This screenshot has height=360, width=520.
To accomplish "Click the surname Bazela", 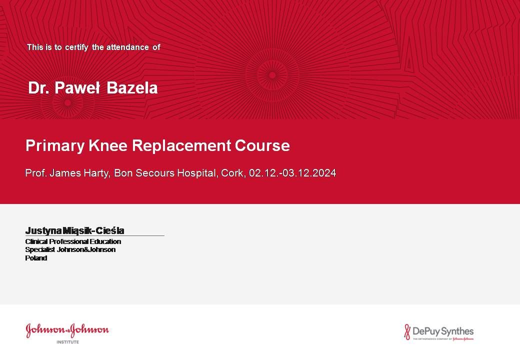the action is tap(132, 88).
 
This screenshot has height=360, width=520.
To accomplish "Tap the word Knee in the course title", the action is tap(108, 145).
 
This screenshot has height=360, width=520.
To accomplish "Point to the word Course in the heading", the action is tap(262, 145).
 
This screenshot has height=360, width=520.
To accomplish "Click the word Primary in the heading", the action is tap(55, 146).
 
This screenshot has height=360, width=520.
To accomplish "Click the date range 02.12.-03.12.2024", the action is tap(292, 173).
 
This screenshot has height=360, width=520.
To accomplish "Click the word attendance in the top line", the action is tap(127, 47).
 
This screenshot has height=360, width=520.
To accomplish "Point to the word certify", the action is tap(76, 47).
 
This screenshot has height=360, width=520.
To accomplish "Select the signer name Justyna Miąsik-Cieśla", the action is tap(74, 230).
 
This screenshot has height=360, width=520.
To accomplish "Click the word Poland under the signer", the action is tap(36, 258).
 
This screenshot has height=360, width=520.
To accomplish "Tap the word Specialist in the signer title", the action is tap(40, 249).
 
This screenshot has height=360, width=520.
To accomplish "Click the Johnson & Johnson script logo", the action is tap(67, 330).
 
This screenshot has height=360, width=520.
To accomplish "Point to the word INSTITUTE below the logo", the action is tap(67, 342).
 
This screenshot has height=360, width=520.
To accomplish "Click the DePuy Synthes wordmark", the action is tap(443, 331).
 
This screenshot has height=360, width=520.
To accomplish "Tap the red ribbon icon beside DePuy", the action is tap(407, 332).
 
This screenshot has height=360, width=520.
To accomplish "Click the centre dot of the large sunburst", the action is tap(272, 75).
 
